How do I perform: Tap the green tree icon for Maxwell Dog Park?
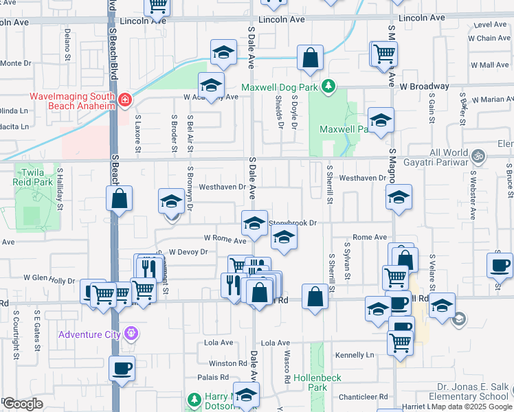(329, 86)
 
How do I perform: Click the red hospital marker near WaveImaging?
(125, 100)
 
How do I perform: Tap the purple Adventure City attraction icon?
(132, 335)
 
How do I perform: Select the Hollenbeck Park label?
(317, 382)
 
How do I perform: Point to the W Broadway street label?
(424, 87)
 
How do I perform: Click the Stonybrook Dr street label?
(293, 222)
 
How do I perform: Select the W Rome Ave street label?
(225, 240)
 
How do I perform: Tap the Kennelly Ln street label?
(355, 355)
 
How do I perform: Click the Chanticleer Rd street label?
(364, 397)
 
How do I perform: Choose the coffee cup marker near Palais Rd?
(122, 368)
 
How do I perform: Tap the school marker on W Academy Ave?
(211, 86)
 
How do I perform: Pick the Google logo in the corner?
(22, 404)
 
